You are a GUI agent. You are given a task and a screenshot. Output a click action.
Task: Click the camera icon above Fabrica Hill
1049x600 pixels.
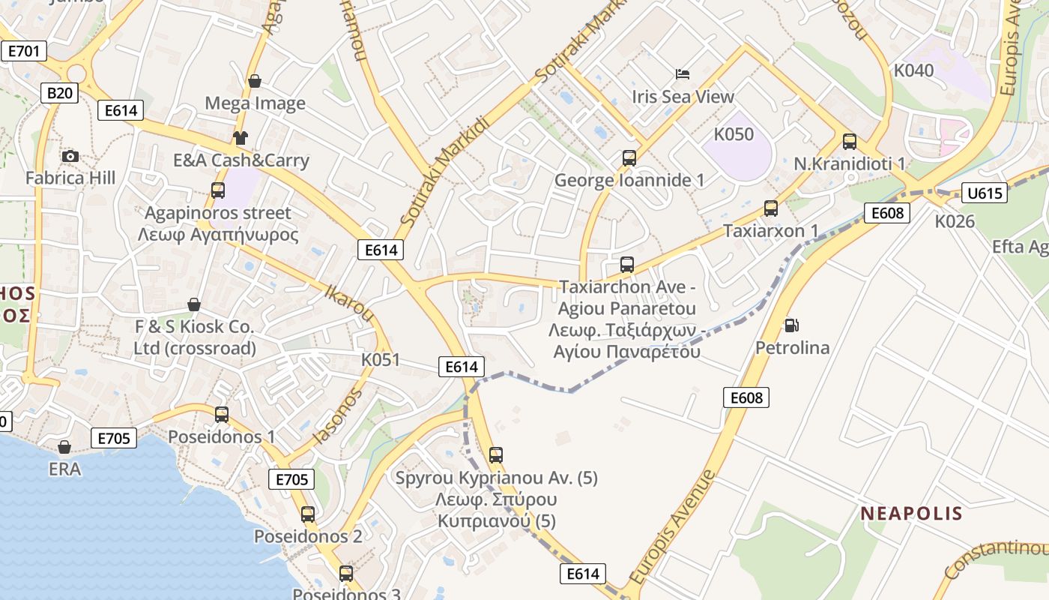click(x=70, y=156)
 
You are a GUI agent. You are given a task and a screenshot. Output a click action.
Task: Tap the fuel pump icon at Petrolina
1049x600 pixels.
click(x=791, y=325)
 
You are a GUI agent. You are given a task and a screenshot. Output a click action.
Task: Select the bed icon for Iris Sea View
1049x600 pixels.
click(x=683, y=74)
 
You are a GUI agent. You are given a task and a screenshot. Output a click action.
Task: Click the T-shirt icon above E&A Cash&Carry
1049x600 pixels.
click(x=240, y=137)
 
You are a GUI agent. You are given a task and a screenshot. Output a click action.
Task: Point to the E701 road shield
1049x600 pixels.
click(x=23, y=51)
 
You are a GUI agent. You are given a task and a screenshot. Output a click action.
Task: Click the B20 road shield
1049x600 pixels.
click(x=59, y=93)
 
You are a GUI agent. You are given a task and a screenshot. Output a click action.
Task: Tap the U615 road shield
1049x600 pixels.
click(x=985, y=193)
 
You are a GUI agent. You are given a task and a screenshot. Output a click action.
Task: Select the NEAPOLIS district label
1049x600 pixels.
click(x=911, y=514)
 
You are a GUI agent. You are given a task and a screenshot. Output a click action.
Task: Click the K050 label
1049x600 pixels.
click(x=734, y=134)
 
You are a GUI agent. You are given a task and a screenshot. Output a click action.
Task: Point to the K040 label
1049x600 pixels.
click(x=914, y=70)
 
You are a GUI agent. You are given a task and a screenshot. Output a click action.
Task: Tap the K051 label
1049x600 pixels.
click(x=381, y=359)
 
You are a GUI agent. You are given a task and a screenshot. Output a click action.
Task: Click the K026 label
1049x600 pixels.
click(x=955, y=221)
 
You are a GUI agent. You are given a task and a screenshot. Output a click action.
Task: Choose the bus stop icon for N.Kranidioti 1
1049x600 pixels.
click(x=850, y=141)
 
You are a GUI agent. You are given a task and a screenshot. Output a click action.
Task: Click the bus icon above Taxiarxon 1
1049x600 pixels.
click(x=771, y=208)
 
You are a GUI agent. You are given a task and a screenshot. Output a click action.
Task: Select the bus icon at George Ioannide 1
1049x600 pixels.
click(x=629, y=158)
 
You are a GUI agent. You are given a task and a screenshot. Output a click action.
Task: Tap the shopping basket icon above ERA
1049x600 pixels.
click(x=64, y=447)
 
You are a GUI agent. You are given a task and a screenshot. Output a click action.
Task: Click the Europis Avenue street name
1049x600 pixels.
click(x=672, y=528)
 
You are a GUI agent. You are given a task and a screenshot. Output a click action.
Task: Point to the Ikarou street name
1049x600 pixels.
click(x=348, y=301)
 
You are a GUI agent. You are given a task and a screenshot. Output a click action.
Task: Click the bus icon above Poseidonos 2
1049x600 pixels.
click(x=308, y=514)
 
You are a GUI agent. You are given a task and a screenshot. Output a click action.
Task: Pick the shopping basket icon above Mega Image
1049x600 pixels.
click(x=255, y=81)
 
